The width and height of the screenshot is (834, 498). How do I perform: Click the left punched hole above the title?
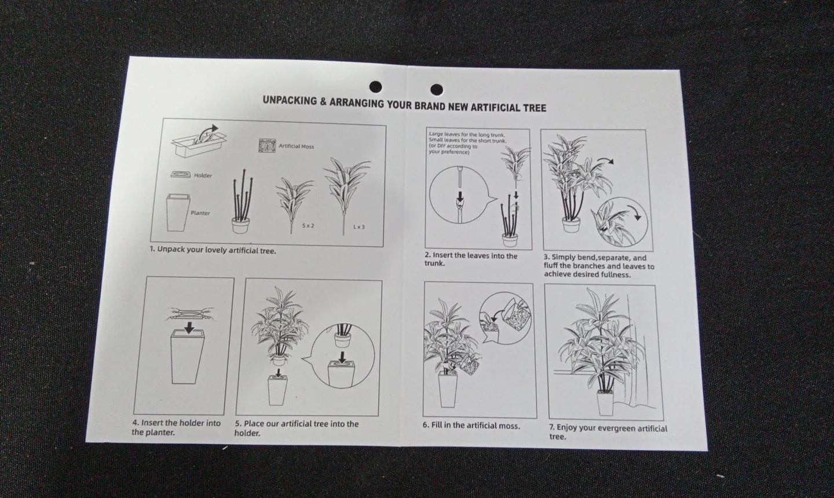(376, 87)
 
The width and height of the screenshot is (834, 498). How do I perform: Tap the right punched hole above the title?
(436, 90)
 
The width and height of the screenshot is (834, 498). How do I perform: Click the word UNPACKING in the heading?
(290, 101)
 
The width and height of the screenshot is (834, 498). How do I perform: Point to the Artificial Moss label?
(297, 147)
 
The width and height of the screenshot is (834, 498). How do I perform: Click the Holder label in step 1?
(203, 175)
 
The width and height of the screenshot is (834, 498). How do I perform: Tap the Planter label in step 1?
(200, 213)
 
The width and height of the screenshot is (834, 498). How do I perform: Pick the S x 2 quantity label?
(308, 226)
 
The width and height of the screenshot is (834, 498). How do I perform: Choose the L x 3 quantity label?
(359, 226)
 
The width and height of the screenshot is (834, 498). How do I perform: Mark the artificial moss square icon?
(268, 145)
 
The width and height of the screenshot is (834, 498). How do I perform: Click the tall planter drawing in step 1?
(178, 213)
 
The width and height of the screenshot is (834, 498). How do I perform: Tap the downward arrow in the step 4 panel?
(189, 328)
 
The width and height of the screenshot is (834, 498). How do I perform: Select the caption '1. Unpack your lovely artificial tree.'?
(213, 250)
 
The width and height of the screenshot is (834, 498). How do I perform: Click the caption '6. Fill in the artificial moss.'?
(471, 426)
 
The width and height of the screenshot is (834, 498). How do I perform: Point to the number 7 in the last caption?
(552, 427)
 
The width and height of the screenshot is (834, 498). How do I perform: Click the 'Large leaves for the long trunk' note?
(467, 134)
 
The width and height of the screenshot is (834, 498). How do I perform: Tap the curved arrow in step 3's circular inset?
(635, 212)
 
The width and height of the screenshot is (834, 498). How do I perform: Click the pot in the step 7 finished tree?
(605, 403)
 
